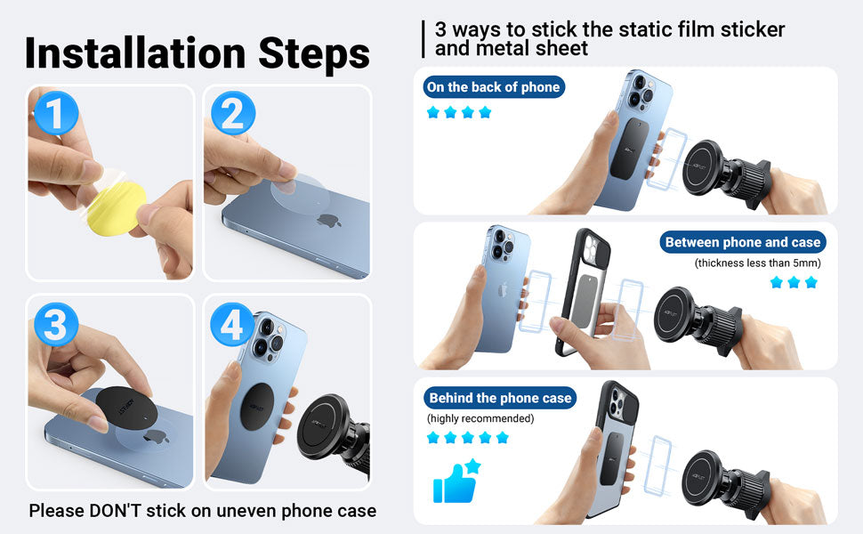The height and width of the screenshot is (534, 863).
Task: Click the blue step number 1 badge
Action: point(55,113)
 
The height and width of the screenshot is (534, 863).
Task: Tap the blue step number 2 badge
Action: point(233,113)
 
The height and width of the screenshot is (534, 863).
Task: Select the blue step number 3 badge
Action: point(55,324)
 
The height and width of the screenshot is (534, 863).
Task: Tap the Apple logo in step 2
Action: point(329,220)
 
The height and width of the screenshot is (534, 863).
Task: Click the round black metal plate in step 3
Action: point(126,408)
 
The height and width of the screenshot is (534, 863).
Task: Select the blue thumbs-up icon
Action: point(456,481)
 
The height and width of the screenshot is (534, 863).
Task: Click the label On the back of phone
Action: point(494,87)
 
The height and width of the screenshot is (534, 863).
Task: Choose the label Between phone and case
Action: point(743,242)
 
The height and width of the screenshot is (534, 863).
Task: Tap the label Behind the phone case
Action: point(500,398)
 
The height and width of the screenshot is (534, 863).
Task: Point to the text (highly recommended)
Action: point(480,418)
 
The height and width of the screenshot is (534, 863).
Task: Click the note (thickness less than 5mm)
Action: point(758,263)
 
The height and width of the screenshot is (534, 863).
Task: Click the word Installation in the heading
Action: point(135,53)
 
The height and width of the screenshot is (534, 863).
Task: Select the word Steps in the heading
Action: point(314,54)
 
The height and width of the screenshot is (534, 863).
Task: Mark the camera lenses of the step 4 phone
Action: point(270,336)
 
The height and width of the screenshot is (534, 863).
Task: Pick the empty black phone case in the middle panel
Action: point(584,292)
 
